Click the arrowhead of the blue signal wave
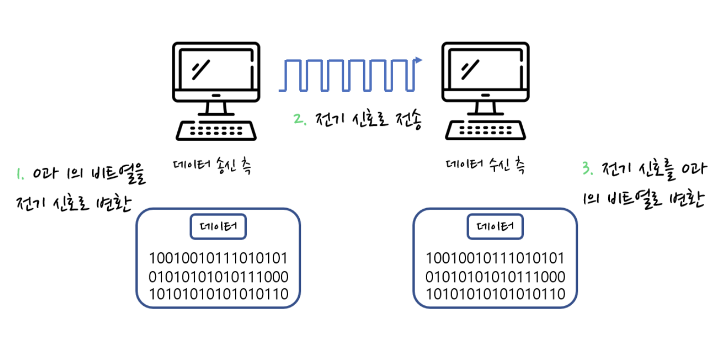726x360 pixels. click(x=419, y=60)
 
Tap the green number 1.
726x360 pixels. click(x=20, y=174)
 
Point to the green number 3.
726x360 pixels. click(x=586, y=169)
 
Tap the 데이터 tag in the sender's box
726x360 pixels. click(x=218, y=228)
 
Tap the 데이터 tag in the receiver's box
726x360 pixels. click(x=495, y=228)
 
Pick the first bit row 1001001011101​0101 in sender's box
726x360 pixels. click(x=218, y=259)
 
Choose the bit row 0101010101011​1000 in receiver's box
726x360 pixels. click(x=495, y=277)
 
